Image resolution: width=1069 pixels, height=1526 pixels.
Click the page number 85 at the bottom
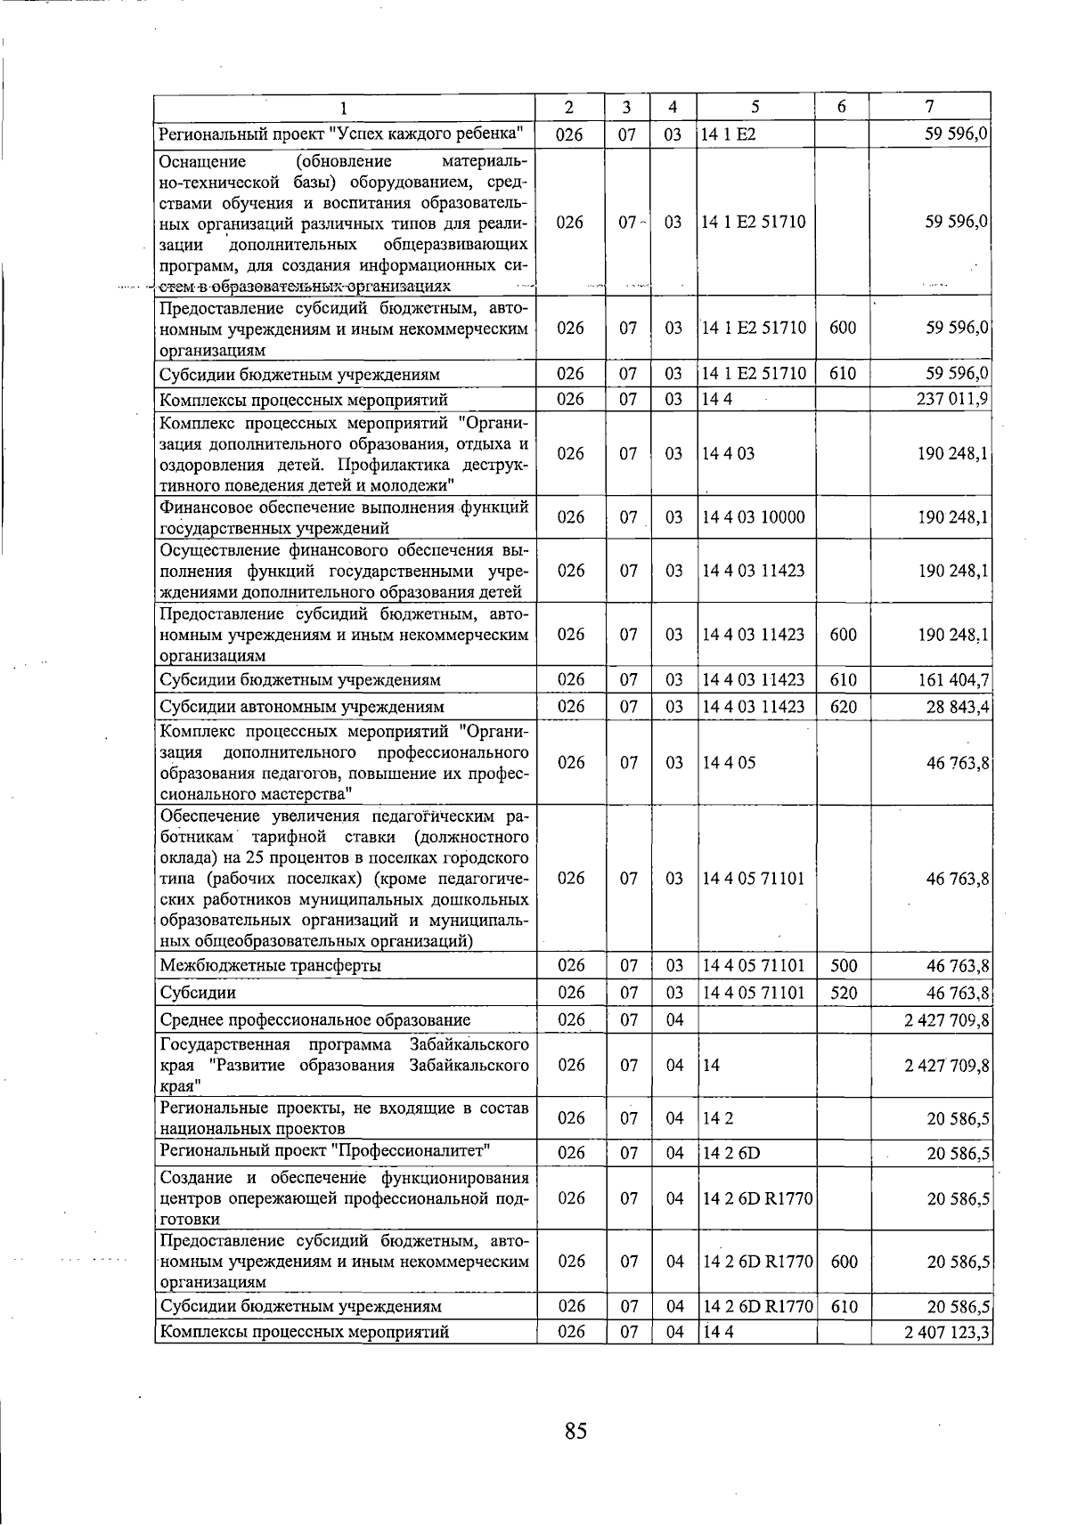[x=575, y=1431]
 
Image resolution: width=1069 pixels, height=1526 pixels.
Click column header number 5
[x=755, y=107]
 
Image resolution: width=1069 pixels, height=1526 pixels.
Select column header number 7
[x=929, y=107]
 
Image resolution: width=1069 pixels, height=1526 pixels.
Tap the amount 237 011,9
[x=952, y=400]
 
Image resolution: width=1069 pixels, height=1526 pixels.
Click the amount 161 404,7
[x=952, y=680]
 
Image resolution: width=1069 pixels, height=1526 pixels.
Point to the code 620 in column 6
[x=843, y=707]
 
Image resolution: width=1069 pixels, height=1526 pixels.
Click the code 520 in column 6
[x=843, y=993]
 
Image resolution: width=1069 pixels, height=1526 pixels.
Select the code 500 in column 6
[x=843, y=966]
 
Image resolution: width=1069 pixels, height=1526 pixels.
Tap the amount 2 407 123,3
[x=947, y=1333]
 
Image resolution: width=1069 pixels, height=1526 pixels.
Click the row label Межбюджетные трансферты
[x=270, y=966]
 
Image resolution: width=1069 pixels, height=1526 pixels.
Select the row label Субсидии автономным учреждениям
[x=301, y=707]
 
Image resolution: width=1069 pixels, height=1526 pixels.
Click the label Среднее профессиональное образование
[x=314, y=1020]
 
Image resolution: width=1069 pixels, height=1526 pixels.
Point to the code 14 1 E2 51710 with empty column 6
[x=754, y=222]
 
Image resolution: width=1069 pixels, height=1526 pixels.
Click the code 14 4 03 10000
[x=754, y=517]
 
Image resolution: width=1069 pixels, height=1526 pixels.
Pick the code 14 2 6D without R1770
[x=731, y=1154]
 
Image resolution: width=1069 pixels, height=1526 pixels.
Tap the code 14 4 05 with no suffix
[x=729, y=763]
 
